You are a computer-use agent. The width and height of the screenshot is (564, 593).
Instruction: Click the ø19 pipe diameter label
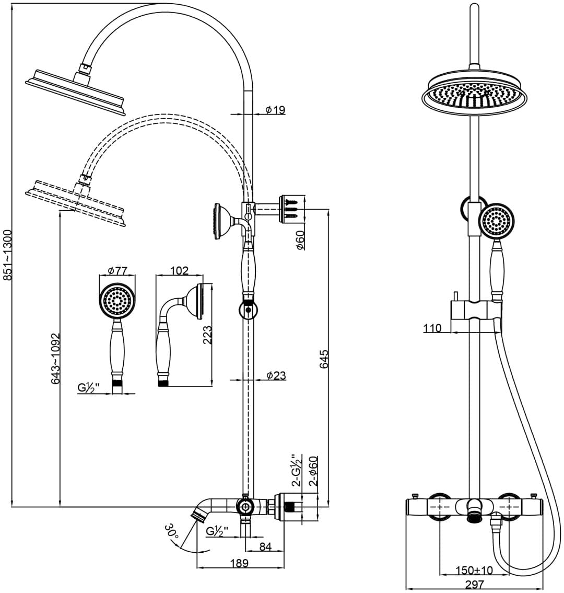(x=275, y=110)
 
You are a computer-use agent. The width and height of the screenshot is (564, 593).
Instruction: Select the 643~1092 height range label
(x=55, y=358)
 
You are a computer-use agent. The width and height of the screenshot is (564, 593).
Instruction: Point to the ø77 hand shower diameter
(x=117, y=271)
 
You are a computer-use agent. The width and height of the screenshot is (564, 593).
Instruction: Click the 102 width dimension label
(x=179, y=271)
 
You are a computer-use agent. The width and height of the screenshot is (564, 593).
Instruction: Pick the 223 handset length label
(x=207, y=335)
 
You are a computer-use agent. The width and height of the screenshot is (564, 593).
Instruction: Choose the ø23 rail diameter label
(x=276, y=375)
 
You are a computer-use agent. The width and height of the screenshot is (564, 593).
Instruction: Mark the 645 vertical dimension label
(x=324, y=359)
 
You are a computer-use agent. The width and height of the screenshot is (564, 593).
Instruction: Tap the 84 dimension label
(x=266, y=547)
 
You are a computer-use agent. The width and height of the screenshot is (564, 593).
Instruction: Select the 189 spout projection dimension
(x=240, y=563)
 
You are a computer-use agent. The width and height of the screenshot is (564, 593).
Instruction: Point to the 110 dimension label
(x=432, y=328)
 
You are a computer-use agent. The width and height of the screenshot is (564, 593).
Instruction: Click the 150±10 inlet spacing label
(x=474, y=570)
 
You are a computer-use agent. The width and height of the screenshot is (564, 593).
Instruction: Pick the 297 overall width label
(x=475, y=585)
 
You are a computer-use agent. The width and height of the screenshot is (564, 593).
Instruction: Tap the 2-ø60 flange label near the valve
(x=313, y=471)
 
